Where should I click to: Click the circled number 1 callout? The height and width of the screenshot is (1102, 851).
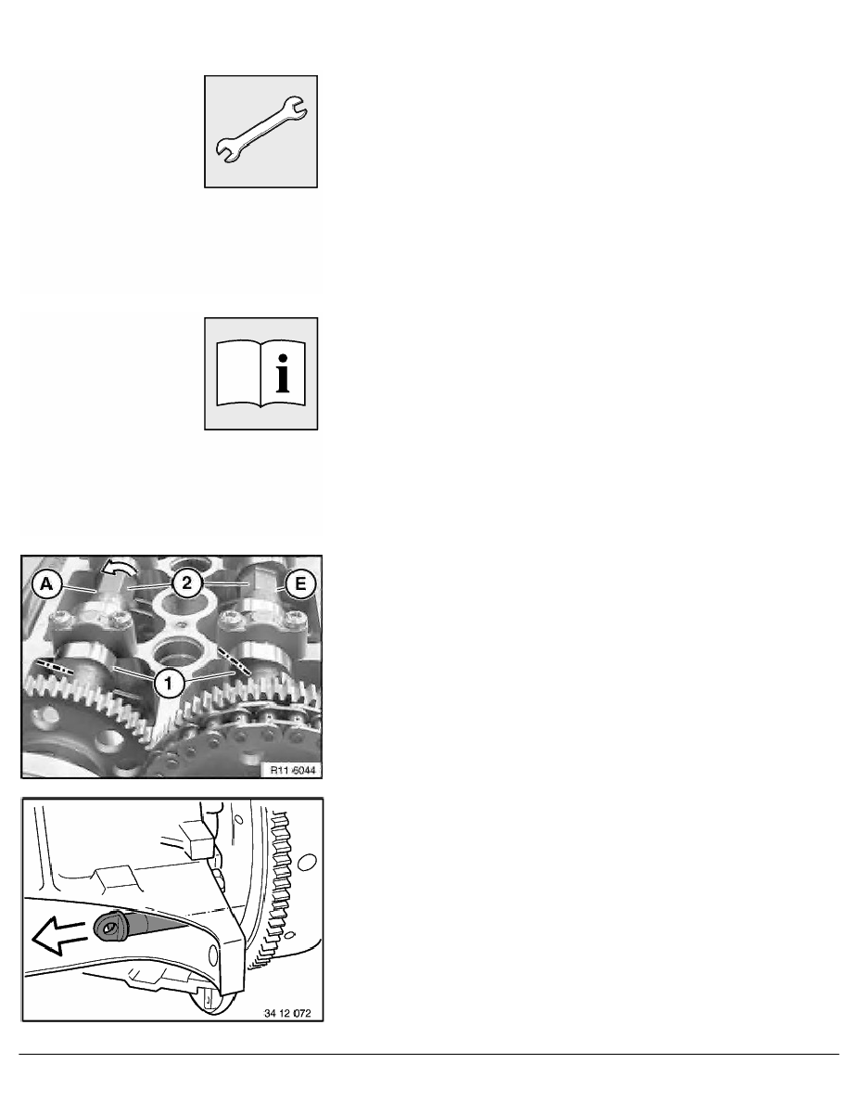168,684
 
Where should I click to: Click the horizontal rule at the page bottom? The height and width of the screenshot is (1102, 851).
425,1054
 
